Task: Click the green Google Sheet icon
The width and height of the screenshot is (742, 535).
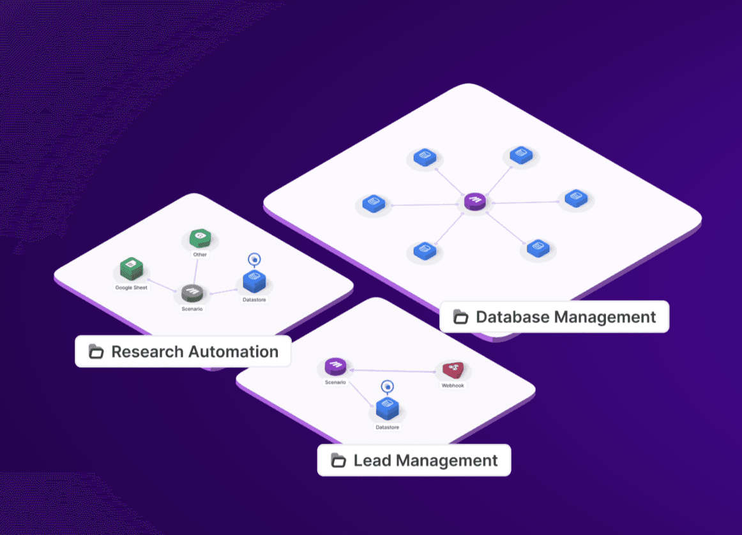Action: coord(131,268)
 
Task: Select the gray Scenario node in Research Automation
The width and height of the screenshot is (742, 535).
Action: coord(192,294)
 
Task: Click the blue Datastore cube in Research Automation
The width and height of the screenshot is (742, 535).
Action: coord(254,281)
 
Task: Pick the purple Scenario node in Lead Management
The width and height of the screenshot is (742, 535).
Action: coord(335,366)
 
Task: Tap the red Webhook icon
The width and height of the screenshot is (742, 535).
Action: coord(453,370)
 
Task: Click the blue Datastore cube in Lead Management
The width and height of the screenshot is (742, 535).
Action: coord(387,407)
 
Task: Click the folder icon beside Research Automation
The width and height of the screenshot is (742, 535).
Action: coord(96,351)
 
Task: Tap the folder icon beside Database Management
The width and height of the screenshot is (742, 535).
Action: coord(460,317)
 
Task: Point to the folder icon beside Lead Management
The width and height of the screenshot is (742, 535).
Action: coord(338,460)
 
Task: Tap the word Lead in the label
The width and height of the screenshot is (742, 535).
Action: coord(372,460)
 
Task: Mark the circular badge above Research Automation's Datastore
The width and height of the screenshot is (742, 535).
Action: coord(254,259)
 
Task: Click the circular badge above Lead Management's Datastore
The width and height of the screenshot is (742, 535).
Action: coord(387,386)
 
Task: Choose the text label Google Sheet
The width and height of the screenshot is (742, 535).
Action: coord(131,288)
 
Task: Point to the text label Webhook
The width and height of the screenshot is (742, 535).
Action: coord(453,386)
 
